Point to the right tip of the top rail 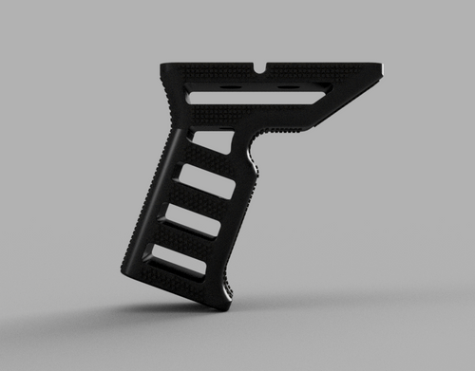383,68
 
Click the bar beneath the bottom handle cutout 176,281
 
